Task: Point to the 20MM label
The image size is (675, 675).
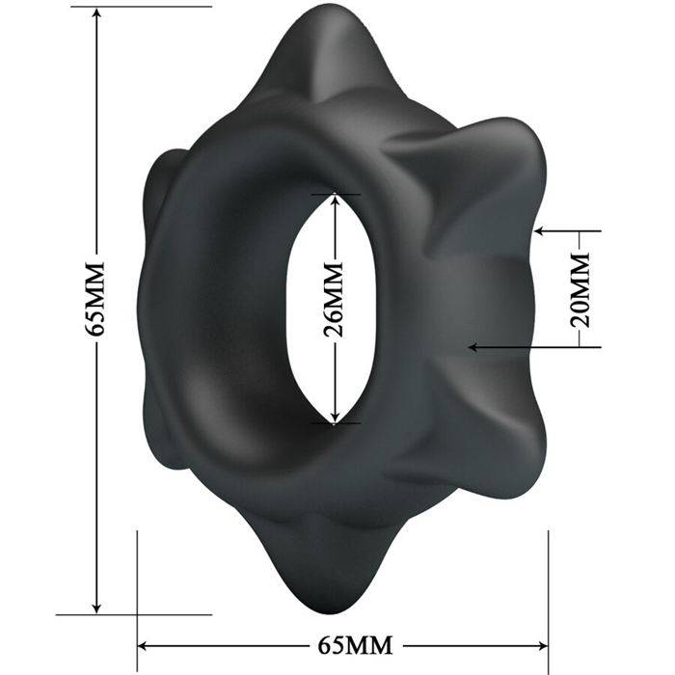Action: pos(578,288)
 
